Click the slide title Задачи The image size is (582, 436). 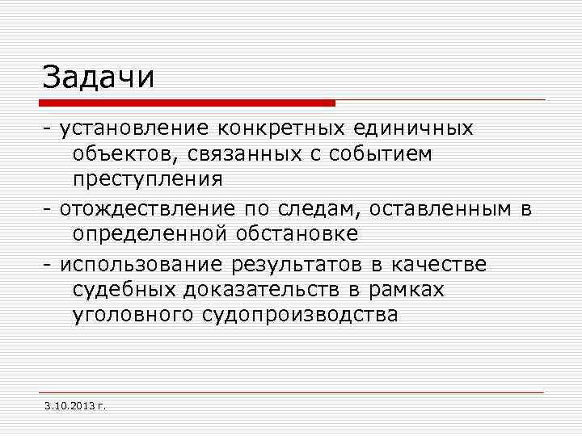pyautogui.click(x=98, y=78)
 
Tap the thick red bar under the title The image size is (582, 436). pyautogui.click(x=187, y=103)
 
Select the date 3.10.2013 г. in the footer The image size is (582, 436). pyautogui.click(x=77, y=404)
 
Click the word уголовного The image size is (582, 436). pyautogui.click(x=128, y=315)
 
